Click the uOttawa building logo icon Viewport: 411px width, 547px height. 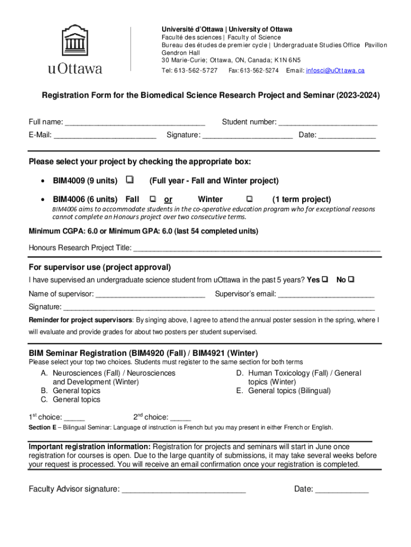coord(74,41)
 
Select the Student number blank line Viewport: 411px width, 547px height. coord(328,122)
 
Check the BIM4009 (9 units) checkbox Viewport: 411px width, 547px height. coord(130,181)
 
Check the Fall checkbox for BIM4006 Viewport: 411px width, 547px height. coord(153,199)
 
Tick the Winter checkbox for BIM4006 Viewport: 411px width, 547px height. coord(249,199)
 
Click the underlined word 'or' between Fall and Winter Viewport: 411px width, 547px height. coord(168,199)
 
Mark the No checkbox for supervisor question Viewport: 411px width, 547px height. coord(352,279)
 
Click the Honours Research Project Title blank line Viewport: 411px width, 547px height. coord(257,248)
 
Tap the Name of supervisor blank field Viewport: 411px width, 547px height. coord(150,294)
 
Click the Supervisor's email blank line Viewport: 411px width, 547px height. coord(326,294)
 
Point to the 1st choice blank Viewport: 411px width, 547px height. coord(74,418)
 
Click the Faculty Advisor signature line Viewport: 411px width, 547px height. coord(184,489)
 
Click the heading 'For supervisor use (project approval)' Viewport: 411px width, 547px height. coord(100,267)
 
